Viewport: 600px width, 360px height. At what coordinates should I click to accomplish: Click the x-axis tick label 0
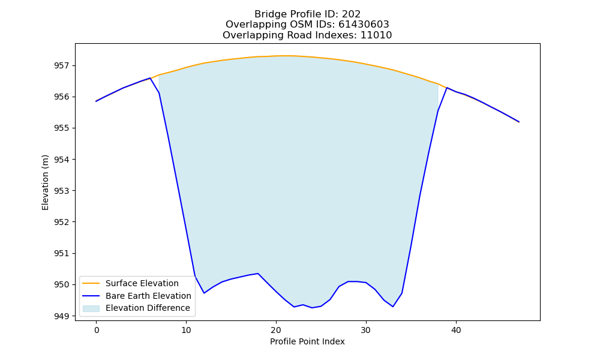97,331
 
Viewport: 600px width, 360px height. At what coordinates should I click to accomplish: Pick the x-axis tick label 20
276,331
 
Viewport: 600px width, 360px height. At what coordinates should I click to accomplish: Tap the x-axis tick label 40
456,331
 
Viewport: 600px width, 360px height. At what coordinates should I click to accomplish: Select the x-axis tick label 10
187,331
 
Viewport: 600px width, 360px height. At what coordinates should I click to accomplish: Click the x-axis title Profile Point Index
307,341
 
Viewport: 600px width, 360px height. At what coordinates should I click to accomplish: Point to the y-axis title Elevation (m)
45,182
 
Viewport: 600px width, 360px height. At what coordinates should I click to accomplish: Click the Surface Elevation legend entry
129,283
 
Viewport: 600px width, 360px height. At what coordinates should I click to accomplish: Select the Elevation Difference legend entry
136,308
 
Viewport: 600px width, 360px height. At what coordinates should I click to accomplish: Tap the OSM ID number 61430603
364,25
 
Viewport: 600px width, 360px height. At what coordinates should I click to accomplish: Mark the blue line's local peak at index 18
258,274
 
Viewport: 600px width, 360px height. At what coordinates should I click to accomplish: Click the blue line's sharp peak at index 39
446,88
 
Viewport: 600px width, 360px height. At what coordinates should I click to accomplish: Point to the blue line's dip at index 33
393,307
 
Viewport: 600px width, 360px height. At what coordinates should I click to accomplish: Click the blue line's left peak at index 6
150,78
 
